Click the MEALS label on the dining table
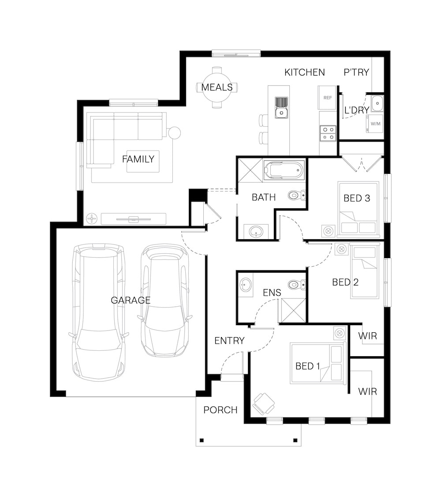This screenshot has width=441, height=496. coord(217,87)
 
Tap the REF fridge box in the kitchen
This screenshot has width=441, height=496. coord(327,98)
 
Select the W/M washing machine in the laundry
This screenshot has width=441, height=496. coord(375,124)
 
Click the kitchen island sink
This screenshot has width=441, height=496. coord(281,108)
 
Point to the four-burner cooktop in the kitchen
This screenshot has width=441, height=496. coord(328,133)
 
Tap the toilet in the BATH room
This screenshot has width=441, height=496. coord(297,195)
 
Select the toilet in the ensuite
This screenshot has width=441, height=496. coord(297,285)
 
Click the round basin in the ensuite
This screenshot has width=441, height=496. coord(245,285)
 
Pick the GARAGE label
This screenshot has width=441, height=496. coord(131,300)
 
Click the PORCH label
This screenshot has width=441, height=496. coord(220,410)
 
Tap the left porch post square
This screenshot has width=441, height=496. coord(202,440)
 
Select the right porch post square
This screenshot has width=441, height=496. coord(295,440)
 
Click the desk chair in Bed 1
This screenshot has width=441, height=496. coord(263,404)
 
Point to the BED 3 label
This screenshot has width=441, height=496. coord(357,198)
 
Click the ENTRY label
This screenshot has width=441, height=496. coord(229,341)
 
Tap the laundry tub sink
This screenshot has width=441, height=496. coord(377,103)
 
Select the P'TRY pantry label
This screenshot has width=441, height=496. coord(356,72)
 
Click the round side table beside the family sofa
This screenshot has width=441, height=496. coord(174,133)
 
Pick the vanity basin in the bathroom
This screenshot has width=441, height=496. coord(256,232)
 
